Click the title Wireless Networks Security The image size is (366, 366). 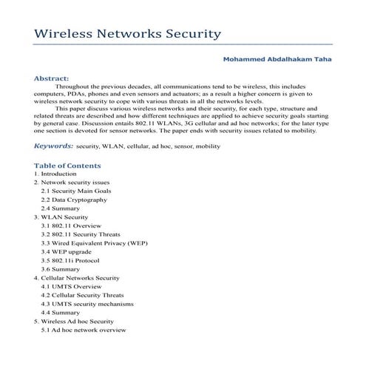[x=128, y=34]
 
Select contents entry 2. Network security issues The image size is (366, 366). [x=72, y=182]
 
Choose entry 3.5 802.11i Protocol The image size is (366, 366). [x=72, y=260]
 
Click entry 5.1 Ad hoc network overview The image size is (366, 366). [x=84, y=330]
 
